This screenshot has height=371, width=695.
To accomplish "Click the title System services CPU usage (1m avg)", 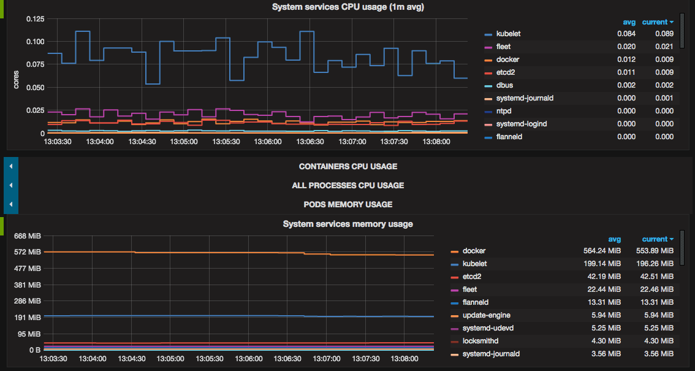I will pyautogui.click(x=347, y=7).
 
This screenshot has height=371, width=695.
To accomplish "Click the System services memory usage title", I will pyautogui.click(x=347, y=224).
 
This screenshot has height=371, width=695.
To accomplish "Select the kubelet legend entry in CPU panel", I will pyautogui.click(x=508, y=34).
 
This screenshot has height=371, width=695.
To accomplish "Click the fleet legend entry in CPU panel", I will pyautogui.click(x=503, y=47).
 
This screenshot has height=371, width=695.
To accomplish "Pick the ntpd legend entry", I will pyautogui.click(x=504, y=111).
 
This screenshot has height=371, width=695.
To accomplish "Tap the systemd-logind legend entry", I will pyautogui.click(x=521, y=124).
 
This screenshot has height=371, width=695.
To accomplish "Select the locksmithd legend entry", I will pyautogui.click(x=480, y=341).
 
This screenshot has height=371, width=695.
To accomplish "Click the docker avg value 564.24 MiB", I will pyautogui.click(x=602, y=251).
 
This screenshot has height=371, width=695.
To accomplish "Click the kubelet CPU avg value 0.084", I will pyautogui.click(x=626, y=34).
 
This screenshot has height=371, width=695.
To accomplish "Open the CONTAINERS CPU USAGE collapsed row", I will pyautogui.click(x=347, y=166).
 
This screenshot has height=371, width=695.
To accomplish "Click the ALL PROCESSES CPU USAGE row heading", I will pyautogui.click(x=347, y=185).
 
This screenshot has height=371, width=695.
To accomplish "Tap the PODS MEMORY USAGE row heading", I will pyautogui.click(x=347, y=204).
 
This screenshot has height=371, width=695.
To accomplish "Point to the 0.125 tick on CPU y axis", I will pyautogui.click(x=36, y=19).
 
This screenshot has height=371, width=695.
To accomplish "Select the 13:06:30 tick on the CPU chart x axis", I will pyautogui.click(x=310, y=141).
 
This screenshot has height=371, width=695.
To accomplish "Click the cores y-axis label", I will pyautogui.click(x=17, y=80).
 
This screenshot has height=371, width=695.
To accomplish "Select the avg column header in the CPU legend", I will pyautogui.click(x=629, y=22).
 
